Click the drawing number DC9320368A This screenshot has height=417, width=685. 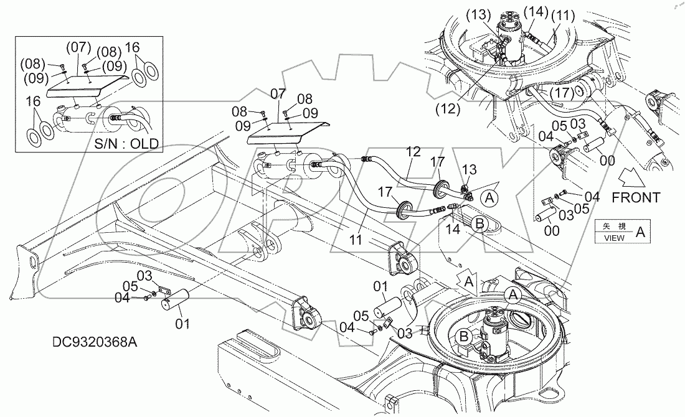tap(94, 342)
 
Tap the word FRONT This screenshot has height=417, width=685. tap(635, 197)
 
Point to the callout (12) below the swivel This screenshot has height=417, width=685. tap(448, 109)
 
